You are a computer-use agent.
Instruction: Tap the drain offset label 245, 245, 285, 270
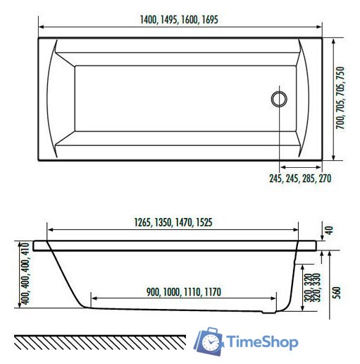pyautogui.click(x=299, y=178)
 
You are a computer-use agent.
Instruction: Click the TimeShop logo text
pyautogui.click(x=263, y=342)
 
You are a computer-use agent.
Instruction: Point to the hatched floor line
pyautogui.click(x=99, y=342)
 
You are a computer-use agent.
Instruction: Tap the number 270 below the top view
pyautogui.click(x=324, y=178)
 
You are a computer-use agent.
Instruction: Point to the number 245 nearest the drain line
pyautogui.click(x=275, y=178)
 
